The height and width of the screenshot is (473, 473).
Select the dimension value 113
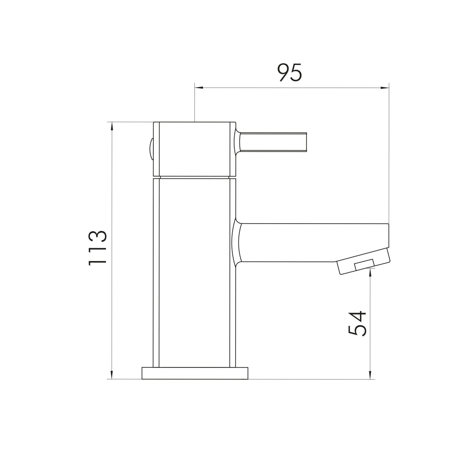[x=98, y=248]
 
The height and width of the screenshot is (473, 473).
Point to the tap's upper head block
[x=194, y=149]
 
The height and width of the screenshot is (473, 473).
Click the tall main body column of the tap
[x=194, y=273]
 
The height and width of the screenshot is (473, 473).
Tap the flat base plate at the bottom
[x=195, y=373]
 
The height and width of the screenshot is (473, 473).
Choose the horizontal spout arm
[x=312, y=242]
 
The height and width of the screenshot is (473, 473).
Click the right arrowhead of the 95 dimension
[x=385, y=87]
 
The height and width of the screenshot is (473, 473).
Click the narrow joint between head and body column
[x=194, y=177]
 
